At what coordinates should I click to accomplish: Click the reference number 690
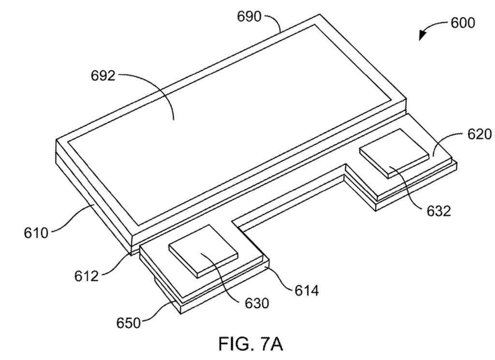pyautogui.click(x=249, y=16)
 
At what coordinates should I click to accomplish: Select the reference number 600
pyautogui.click(x=463, y=23)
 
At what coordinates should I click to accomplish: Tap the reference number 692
pyautogui.click(x=103, y=76)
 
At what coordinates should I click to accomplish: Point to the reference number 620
pyautogui.click(x=480, y=134)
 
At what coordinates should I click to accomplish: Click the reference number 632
pyautogui.click(x=439, y=211)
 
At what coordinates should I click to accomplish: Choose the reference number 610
pyautogui.click(x=36, y=233)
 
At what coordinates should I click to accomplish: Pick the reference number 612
pyautogui.click(x=87, y=276)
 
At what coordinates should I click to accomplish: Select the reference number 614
pyautogui.click(x=307, y=290)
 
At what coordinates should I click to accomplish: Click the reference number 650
pyautogui.click(x=129, y=323)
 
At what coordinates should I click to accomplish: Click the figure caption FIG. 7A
pyautogui.click(x=251, y=344)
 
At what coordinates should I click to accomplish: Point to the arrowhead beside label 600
pyautogui.click(x=422, y=35)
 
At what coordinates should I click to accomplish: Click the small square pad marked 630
pyautogui.click(x=203, y=251)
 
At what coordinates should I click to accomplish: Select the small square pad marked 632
pyautogui.click(x=394, y=153)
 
